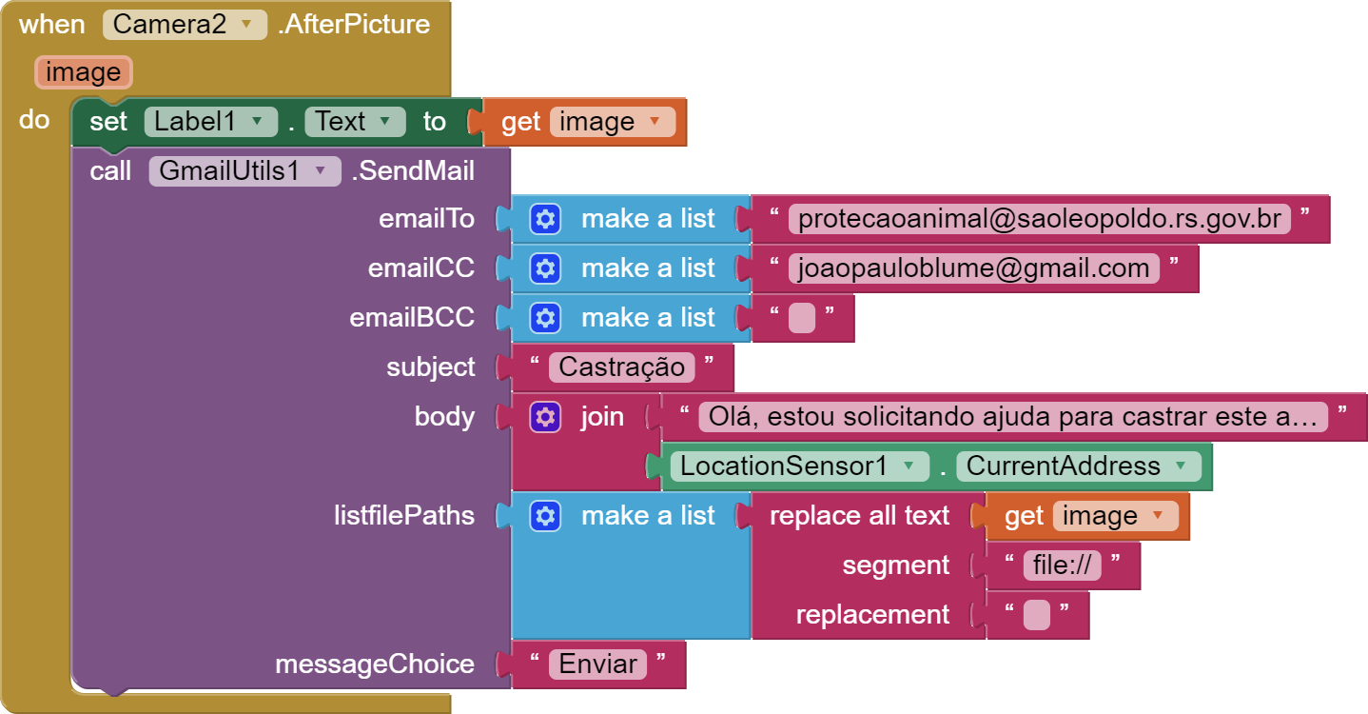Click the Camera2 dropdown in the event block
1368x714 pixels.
pos(185,24)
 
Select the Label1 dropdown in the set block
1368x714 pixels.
pos(210,122)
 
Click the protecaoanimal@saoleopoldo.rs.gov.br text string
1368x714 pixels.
pos(1039,219)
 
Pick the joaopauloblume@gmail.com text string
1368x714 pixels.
pos(974,268)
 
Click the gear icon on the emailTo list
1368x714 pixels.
pos(545,219)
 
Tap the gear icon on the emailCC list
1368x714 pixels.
pos(545,268)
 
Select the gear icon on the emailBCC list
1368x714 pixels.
pos(545,318)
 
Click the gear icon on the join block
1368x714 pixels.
pos(545,417)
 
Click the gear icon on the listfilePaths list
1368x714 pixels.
pos(545,516)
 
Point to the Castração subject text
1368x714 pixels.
pos(622,367)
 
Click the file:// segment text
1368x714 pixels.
pos(1062,565)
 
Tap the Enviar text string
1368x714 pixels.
pos(597,664)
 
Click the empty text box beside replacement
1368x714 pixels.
pos(1037,615)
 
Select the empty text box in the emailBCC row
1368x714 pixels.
pos(802,318)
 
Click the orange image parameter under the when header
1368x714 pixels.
pos(83,72)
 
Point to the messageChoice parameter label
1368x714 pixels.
pos(374,664)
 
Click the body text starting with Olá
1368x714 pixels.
pos(1012,417)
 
